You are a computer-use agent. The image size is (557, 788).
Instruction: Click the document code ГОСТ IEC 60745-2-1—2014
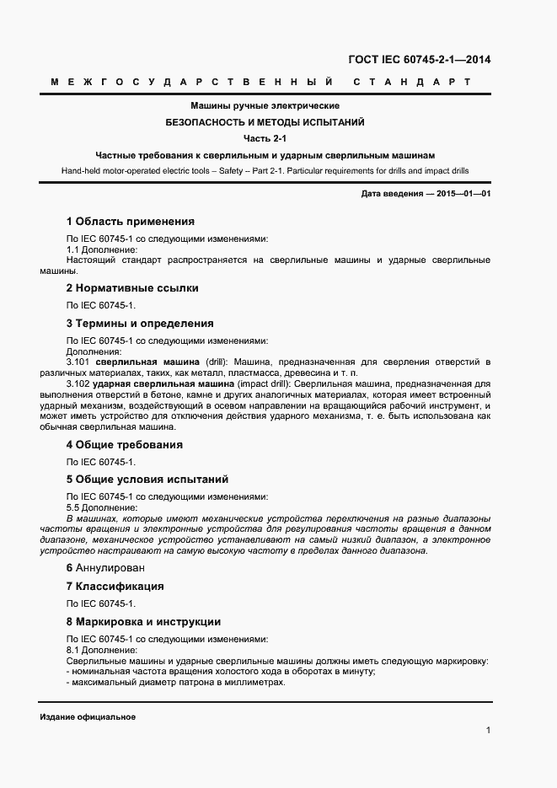(419, 60)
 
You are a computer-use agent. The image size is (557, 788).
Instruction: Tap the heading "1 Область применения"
(130, 222)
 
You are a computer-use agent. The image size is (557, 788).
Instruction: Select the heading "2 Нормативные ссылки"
(131, 288)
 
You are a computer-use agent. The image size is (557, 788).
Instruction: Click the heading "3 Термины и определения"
(139, 324)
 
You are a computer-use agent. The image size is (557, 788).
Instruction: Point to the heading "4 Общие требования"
(124, 445)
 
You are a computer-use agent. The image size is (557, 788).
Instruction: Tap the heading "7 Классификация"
(115, 587)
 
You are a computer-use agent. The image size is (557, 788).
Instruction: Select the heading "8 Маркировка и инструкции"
(143, 622)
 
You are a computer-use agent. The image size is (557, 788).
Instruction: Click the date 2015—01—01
(462, 195)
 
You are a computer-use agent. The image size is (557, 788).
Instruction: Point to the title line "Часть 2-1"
(265, 139)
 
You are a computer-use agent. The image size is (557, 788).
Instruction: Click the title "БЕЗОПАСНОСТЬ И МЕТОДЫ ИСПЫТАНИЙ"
(265, 122)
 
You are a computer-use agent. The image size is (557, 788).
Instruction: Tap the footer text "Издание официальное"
(88, 716)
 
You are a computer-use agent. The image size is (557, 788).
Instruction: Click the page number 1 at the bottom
(488, 730)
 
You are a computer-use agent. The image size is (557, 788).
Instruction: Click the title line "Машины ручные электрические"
(265, 106)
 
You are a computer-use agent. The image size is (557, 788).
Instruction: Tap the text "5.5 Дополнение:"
(101, 508)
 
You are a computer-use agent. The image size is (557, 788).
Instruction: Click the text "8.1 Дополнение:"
(101, 651)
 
